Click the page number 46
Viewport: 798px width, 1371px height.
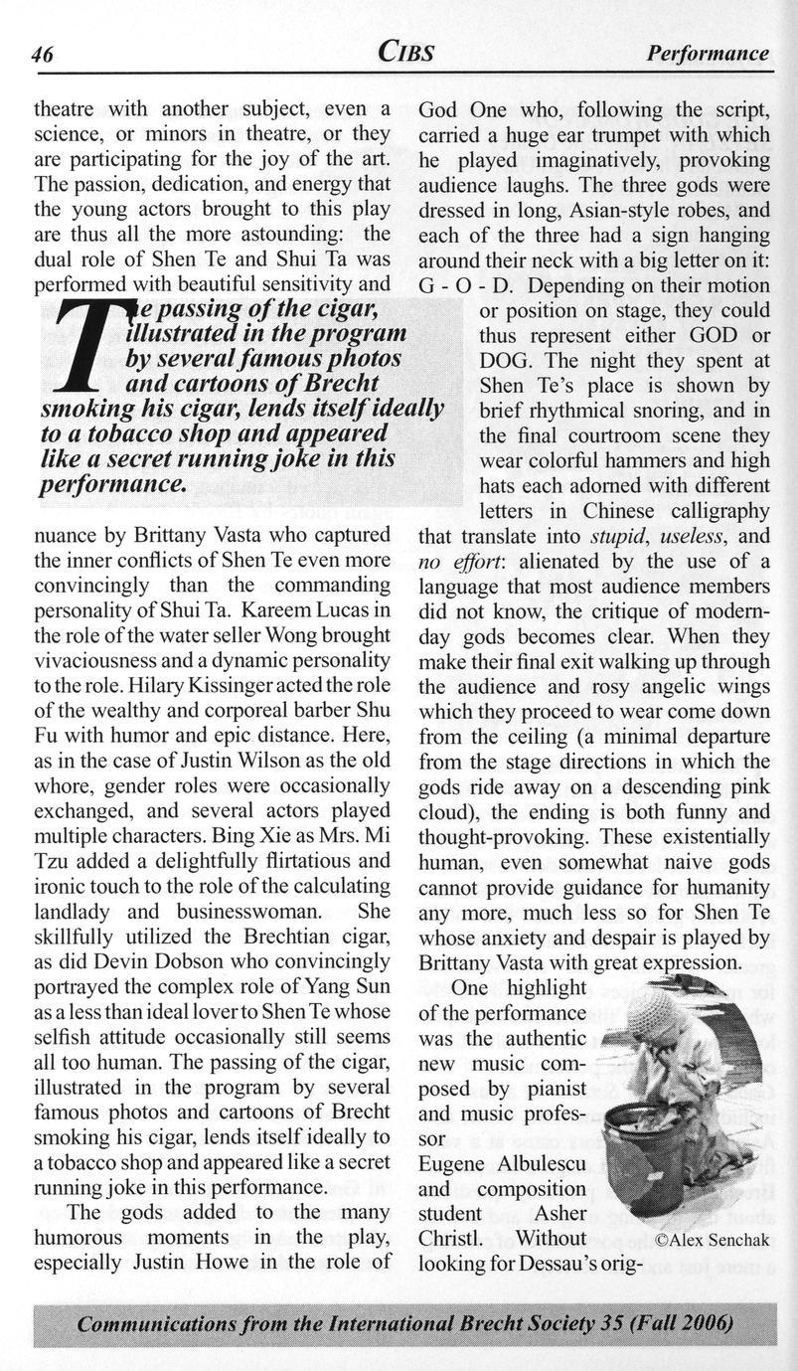coord(42,54)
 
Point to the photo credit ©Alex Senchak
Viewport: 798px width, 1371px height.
coord(713,1240)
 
